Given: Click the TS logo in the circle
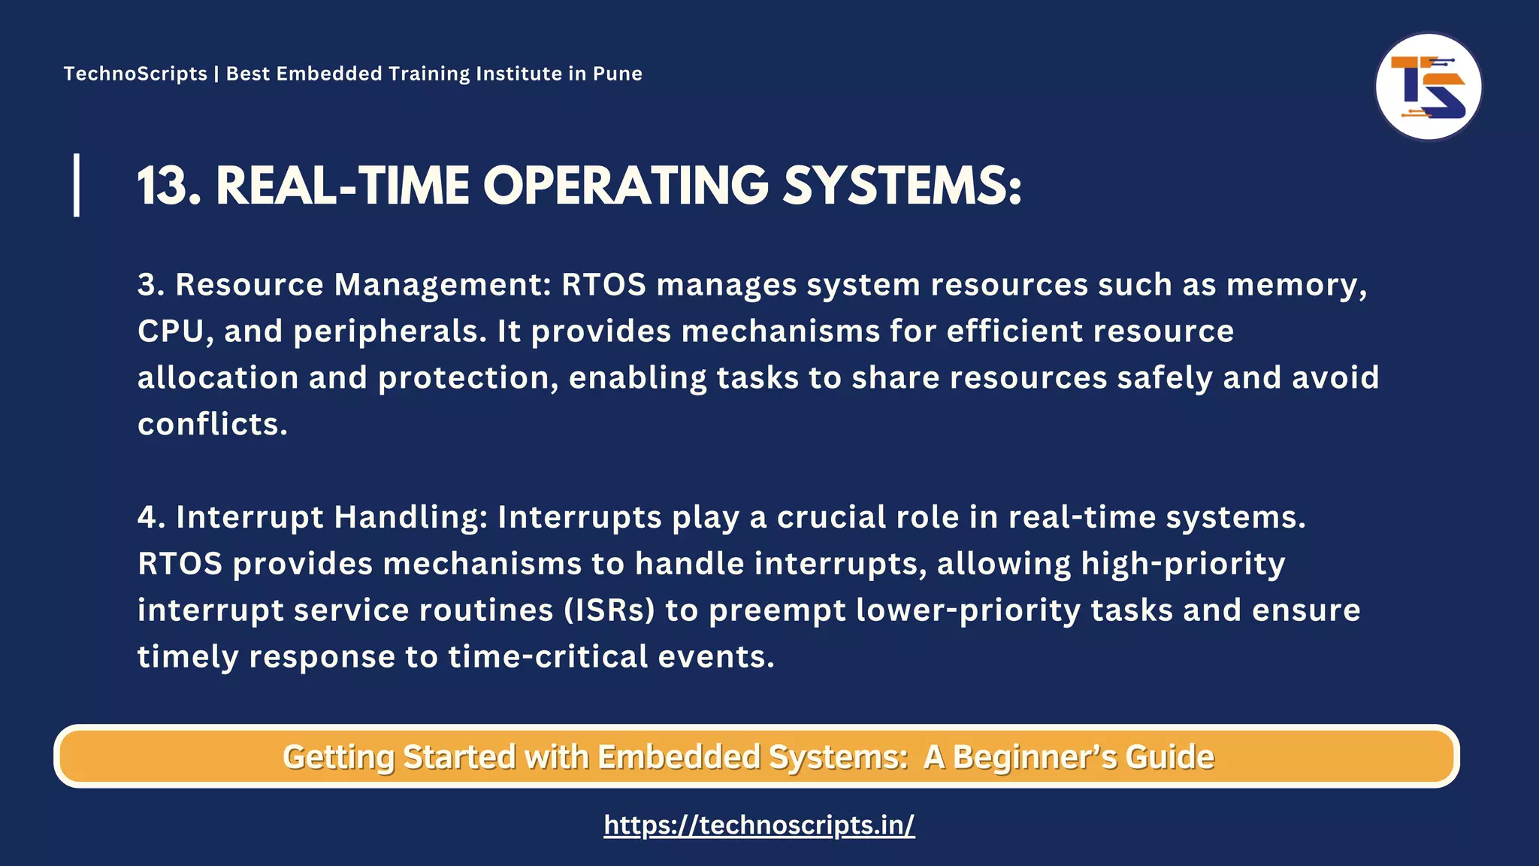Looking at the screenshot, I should click(1428, 86).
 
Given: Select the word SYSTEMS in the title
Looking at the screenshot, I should click(894, 186).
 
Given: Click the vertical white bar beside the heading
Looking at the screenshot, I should click(77, 185).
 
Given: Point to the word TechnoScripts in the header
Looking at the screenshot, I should click(135, 74).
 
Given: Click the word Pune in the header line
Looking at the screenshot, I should click(617, 74).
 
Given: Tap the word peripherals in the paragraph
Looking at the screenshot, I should click(389, 332).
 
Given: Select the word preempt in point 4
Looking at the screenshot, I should click(777, 610).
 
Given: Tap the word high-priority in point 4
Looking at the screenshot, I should click(1183, 564).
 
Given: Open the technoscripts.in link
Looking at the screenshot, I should click(759, 825).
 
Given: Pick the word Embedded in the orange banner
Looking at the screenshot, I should click(679, 757).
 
